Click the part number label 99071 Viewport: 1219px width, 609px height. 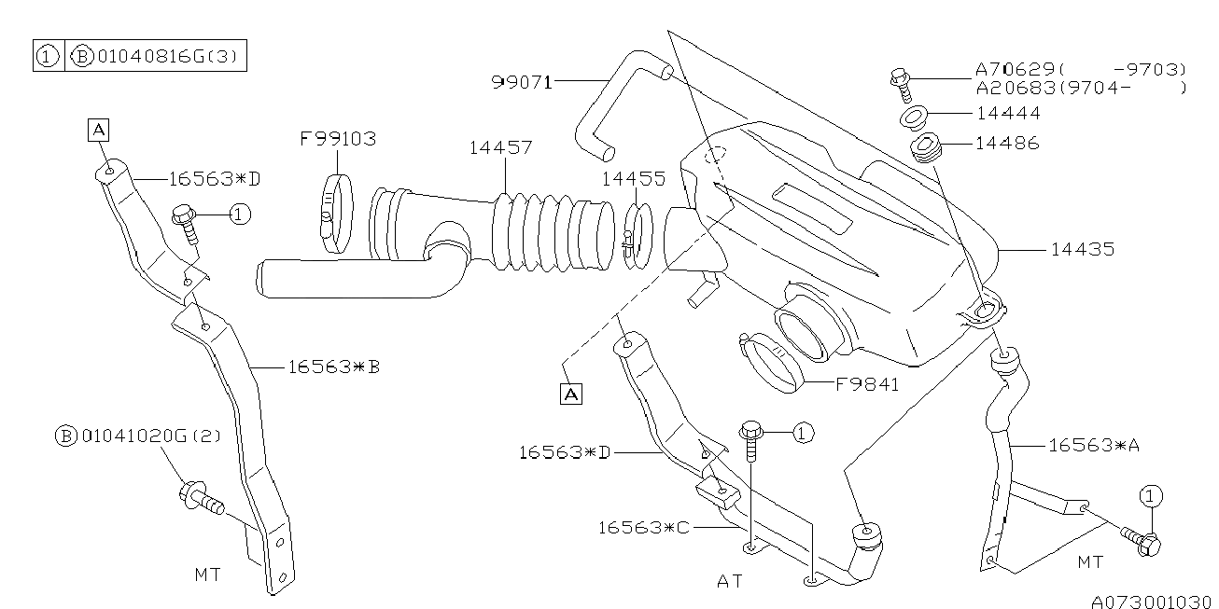pos(521,82)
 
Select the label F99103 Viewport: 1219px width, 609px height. pos(337,140)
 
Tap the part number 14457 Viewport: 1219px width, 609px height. pos(500,148)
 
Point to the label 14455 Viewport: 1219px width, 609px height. pos(633,179)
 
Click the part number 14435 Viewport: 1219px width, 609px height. pos(1082,250)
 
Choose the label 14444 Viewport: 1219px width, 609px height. pos(1007,114)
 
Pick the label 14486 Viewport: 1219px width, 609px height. pos(1007,144)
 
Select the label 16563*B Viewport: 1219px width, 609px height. pos(332,367)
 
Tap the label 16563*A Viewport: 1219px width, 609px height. pos(1093,446)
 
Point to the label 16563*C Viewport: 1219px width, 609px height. pos(644,528)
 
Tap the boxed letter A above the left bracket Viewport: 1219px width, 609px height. pos(98,130)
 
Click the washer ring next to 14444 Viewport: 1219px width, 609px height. pos(912,118)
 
